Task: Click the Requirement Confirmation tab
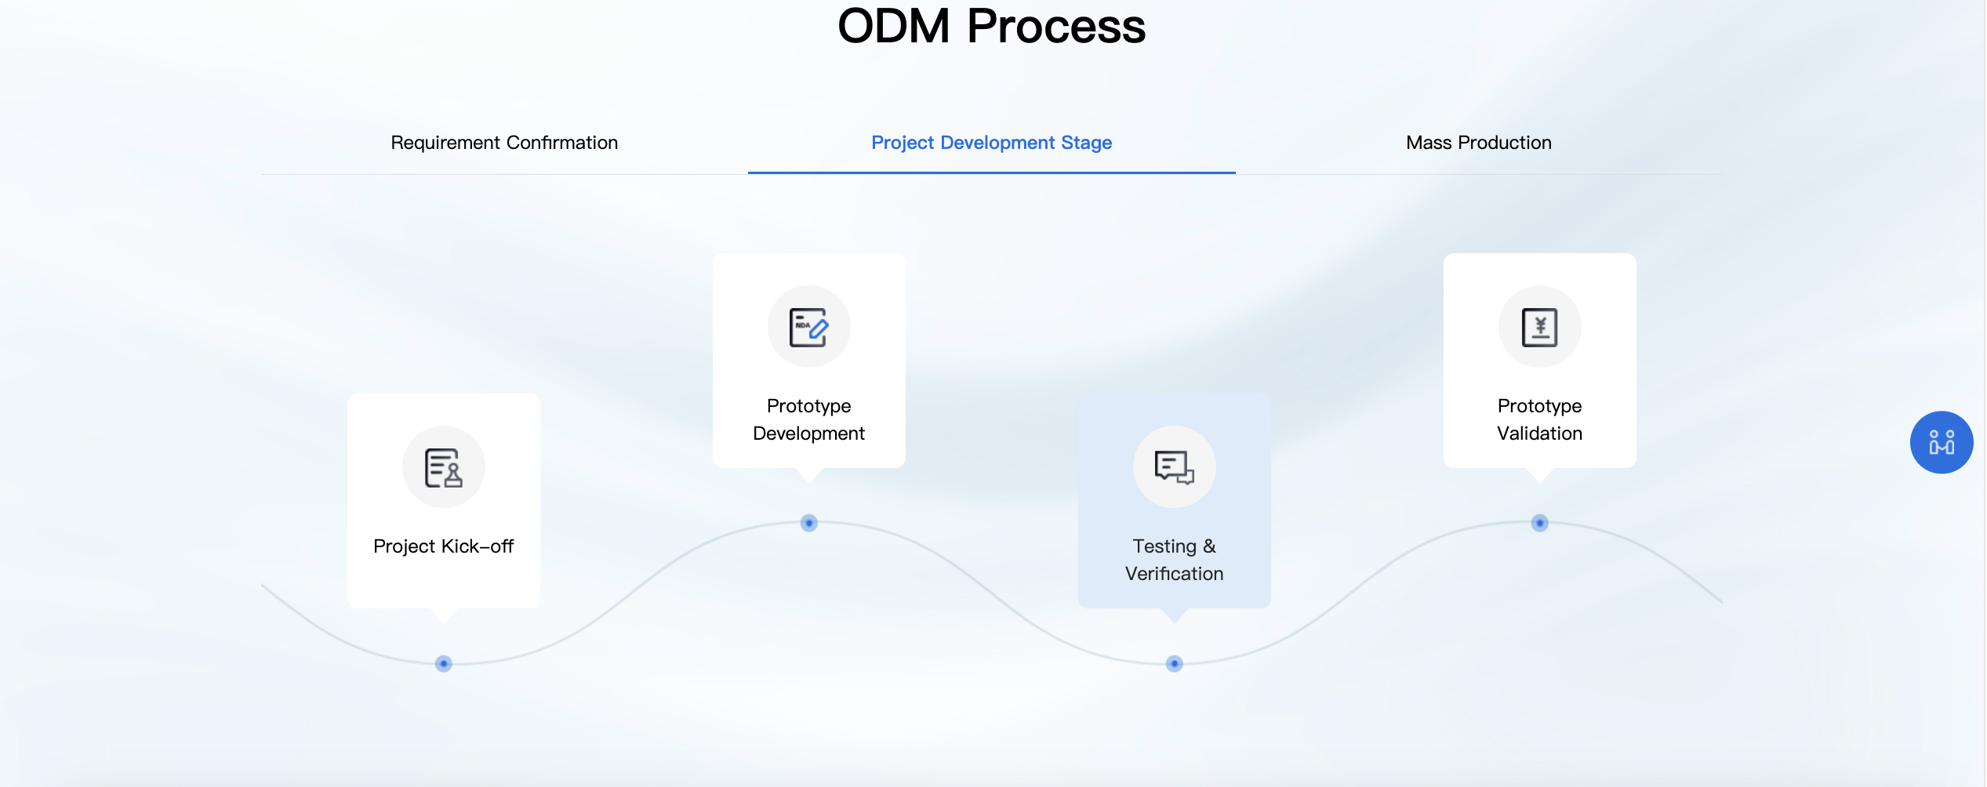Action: point(504,143)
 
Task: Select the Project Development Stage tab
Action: point(991,143)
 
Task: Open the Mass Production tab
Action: point(1479,143)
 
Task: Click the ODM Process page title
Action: point(992,26)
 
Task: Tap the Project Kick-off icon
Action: point(444,467)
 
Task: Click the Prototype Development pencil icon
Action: point(809,327)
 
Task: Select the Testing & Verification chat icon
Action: point(1175,467)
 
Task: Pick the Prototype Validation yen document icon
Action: point(1540,327)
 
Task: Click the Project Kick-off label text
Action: point(444,546)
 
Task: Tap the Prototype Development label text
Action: point(809,419)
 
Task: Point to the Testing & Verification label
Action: point(1175,560)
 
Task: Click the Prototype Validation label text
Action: point(1540,419)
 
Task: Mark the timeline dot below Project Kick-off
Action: point(444,664)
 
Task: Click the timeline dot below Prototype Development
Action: point(809,523)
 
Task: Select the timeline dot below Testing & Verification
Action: point(1175,664)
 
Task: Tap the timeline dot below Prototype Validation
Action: point(1540,523)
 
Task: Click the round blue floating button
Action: point(1942,442)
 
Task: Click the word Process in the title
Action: point(1056,26)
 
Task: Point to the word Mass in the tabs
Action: point(1429,143)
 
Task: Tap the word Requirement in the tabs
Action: point(445,143)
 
